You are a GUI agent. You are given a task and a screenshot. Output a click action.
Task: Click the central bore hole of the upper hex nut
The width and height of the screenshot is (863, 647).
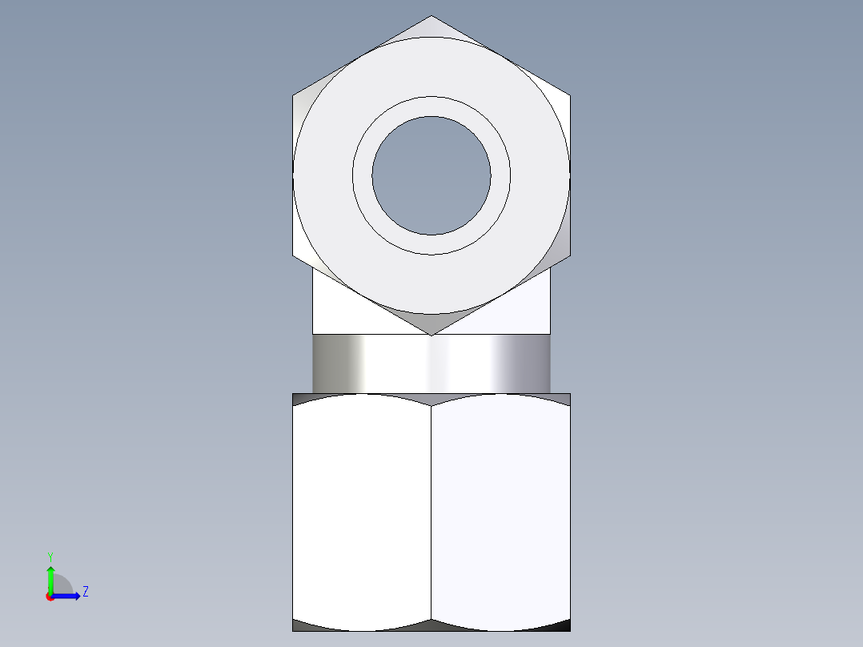coord(431,176)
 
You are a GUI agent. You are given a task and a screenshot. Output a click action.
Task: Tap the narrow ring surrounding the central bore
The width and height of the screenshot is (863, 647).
coord(431,107)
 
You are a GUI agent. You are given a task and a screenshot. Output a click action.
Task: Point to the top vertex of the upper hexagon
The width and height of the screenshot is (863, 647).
coord(431,17)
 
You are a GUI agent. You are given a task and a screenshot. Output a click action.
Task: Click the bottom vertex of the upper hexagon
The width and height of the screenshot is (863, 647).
coord(431,334)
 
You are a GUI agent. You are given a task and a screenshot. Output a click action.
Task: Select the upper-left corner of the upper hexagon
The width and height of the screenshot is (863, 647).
coord(294,96)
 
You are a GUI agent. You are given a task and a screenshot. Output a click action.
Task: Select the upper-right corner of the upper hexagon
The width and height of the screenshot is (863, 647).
coord(569,96)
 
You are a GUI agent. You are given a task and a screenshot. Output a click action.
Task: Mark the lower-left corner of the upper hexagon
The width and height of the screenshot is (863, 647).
coord(294,256)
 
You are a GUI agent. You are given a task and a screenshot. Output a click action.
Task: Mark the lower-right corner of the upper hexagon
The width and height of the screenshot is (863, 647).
coord(569,256)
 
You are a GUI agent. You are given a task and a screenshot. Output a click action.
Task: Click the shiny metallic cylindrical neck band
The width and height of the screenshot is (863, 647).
coord(431,364)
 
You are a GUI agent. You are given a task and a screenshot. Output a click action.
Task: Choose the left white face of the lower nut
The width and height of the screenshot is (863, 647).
coord(362,512)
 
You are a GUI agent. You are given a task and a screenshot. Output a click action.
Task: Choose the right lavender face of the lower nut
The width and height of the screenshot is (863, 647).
coord(500,512)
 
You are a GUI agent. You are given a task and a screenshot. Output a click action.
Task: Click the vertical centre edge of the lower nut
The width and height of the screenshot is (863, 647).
coord(431,512)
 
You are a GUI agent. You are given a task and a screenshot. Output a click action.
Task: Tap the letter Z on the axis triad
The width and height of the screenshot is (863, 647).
coord(86,593)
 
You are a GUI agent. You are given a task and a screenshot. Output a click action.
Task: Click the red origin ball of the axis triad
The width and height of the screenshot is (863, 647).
coord(50,597)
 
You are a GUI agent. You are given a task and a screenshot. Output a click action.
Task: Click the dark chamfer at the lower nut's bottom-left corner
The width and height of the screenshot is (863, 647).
coord(305,626)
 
